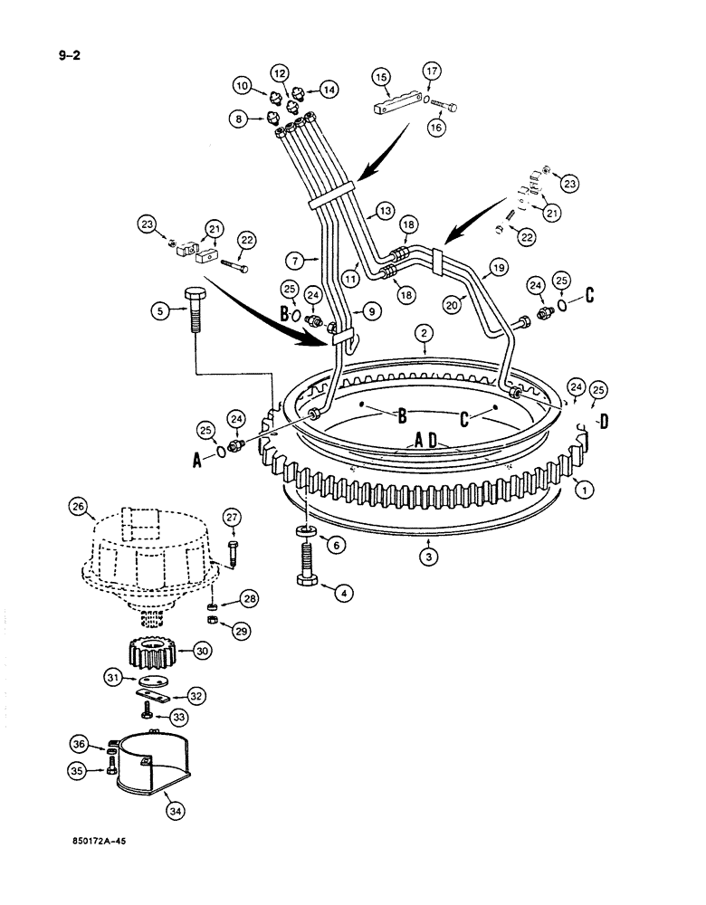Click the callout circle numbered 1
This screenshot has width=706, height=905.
coord(585,489)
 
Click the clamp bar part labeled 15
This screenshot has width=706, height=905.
coord(394,102)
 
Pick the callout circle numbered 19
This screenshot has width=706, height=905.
coord(497,268)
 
